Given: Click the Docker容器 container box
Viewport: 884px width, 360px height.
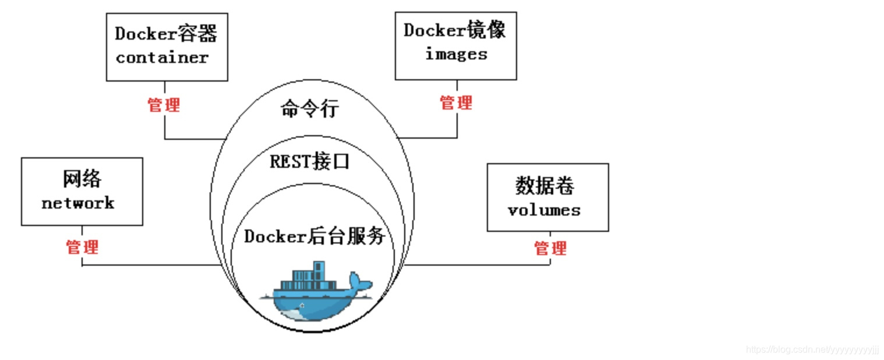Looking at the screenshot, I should pos(167,47).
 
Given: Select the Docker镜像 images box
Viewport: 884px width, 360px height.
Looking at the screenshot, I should pos(455,45).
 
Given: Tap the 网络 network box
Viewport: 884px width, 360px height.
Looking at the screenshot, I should pos(82,191).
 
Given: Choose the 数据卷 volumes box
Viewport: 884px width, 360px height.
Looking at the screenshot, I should pos(547,197).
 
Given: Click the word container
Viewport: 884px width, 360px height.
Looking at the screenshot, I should pos(162,58).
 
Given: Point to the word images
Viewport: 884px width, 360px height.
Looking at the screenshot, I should pos(456,54).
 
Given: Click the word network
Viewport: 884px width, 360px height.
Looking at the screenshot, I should pos(78,203).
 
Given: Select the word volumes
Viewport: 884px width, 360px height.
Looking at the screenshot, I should pos(544,210).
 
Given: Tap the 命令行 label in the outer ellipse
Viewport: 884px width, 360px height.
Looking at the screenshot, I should pos(309,109).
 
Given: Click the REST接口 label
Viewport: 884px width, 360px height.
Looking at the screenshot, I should pos(309,161).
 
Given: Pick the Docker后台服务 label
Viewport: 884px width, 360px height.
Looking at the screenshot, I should pos(314,237).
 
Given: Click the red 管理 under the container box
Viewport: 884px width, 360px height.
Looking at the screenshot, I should pos(164,105).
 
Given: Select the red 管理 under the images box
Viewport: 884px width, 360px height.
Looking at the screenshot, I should pos(456,103).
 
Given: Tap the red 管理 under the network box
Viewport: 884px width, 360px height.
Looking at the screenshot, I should pos(82,247).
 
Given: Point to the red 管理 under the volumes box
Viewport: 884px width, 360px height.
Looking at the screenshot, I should pos(550,249).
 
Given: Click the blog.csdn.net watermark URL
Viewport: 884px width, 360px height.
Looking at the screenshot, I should pos(812,350).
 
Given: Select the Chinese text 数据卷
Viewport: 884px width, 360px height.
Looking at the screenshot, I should pos(544,186).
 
